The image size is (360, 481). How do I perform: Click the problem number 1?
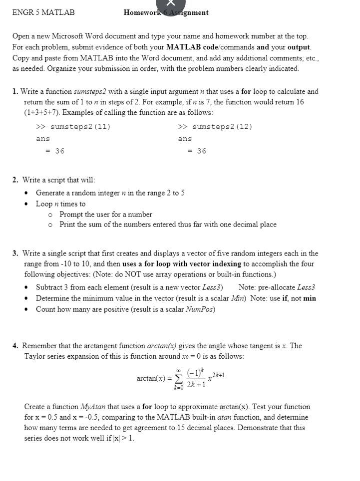[x=15, y=92]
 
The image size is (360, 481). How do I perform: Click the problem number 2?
[x=15, y=180]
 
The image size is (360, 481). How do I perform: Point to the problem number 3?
[x=15, y=253]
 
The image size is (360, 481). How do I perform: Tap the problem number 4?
[x=15, y=346]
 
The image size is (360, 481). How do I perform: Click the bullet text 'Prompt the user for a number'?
[x=105, y=214]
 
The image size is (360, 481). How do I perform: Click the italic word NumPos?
[x=201, y=309]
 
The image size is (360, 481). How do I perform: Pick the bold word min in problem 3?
[x=310, y=298]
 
